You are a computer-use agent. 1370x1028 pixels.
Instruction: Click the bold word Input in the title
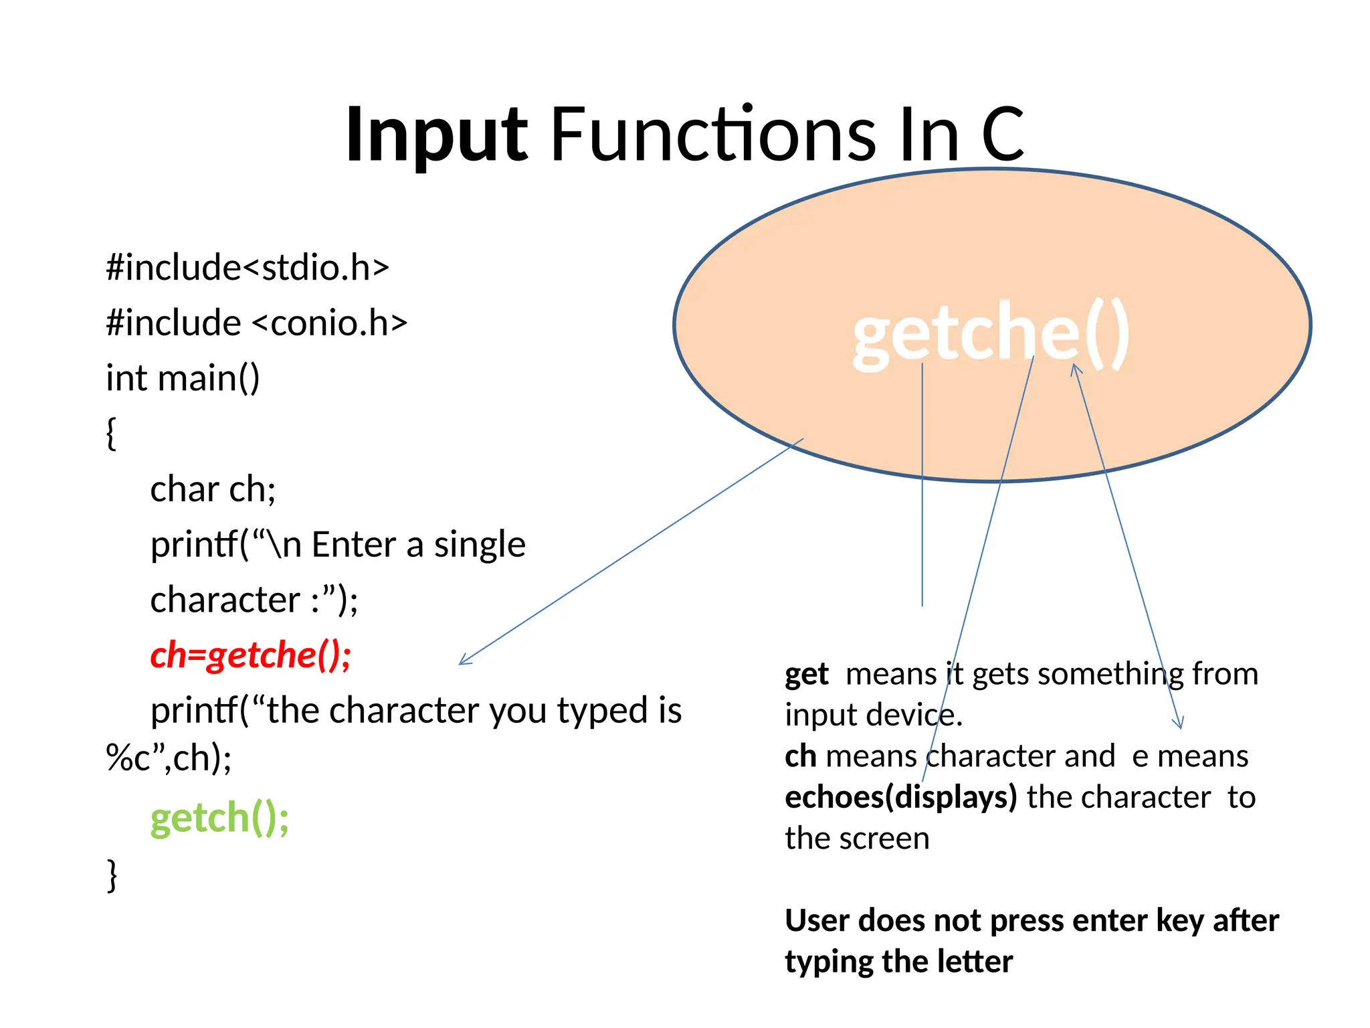[x=437, y=136]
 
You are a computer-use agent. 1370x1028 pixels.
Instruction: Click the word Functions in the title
[x=713, y=136]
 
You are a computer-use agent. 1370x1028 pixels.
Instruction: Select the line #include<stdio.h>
[x=248, y=268]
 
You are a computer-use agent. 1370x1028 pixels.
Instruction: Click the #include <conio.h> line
[x=256, y=323]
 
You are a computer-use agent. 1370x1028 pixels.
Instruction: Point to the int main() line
[x=183, y=378]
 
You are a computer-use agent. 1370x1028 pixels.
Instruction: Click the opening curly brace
[x=111, y=434]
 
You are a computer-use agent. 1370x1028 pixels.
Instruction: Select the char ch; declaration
[x=213, y=489]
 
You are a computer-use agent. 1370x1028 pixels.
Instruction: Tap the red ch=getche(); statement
[x=251, y=655]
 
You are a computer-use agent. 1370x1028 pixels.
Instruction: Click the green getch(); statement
[x=219, y=818]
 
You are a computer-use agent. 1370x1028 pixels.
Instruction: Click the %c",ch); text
[x=169, y=759]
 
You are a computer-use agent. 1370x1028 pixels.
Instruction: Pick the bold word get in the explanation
[x=806, y=675]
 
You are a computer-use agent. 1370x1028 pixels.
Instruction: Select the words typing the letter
[x=898, y=962]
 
